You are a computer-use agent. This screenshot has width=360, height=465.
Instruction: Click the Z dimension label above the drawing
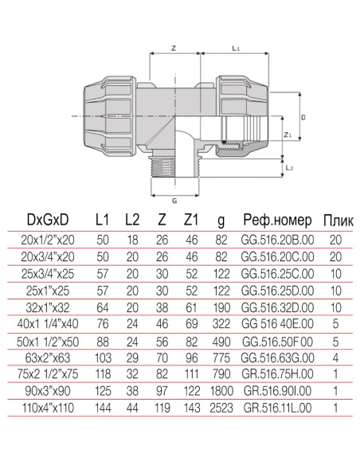pyautogui.click(x=174, y=48)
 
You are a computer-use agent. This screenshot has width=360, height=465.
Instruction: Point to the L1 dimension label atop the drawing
pyautogui.click(x=236, y=48)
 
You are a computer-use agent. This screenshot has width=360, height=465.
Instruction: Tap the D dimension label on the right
pyautogui.click(x=303, y=117)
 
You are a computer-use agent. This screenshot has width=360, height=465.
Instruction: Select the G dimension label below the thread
pyautogui.click(x=174, y=201)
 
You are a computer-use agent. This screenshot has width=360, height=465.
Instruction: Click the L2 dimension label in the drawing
pyautogui.click(x=289, y=168)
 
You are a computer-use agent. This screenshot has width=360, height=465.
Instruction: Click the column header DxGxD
pyautogui.click(x=48, y=220)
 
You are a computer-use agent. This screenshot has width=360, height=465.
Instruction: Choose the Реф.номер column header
pyautogui.click(x=277, y=220)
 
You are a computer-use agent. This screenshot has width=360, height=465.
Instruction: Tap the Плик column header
pyautogui.click(x=338, y=221)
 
